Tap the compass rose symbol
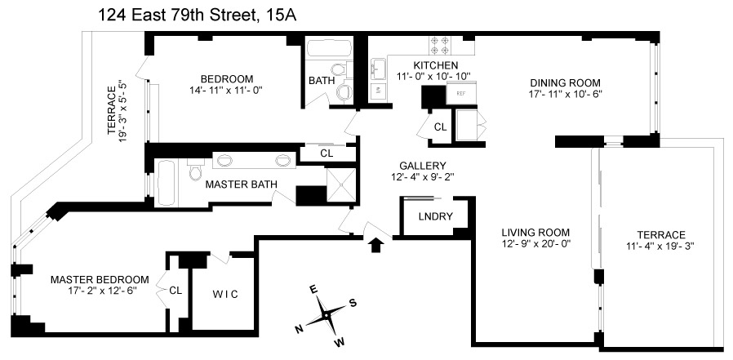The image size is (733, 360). tap(325, 313)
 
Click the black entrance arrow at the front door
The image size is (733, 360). tap(375, 244)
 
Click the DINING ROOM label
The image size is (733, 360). tap(566, 82)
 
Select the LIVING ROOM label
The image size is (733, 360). tap(535, 231)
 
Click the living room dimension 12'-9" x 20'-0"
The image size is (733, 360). tap(535, 243)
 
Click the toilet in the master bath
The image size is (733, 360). tap(194, 172)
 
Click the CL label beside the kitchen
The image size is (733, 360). tap(440, 127)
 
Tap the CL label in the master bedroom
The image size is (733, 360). tap(175, 290)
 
